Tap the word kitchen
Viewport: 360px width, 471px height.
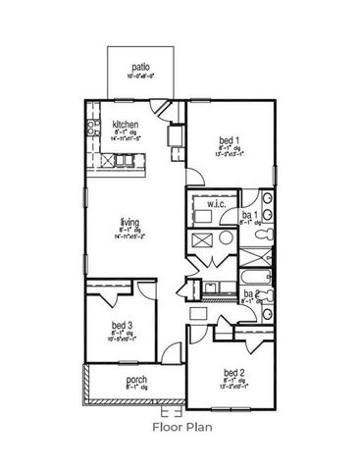(x=126, y=125)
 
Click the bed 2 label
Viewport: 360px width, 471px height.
(x=232, y=372)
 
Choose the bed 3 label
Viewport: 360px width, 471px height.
(x=122, y=325)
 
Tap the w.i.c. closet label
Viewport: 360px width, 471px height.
(x=217, y=205)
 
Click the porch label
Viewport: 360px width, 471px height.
(x=136, y=380)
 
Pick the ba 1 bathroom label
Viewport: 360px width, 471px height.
(x=249, y=214)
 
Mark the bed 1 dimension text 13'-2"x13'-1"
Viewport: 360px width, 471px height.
(x=227, y=154)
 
